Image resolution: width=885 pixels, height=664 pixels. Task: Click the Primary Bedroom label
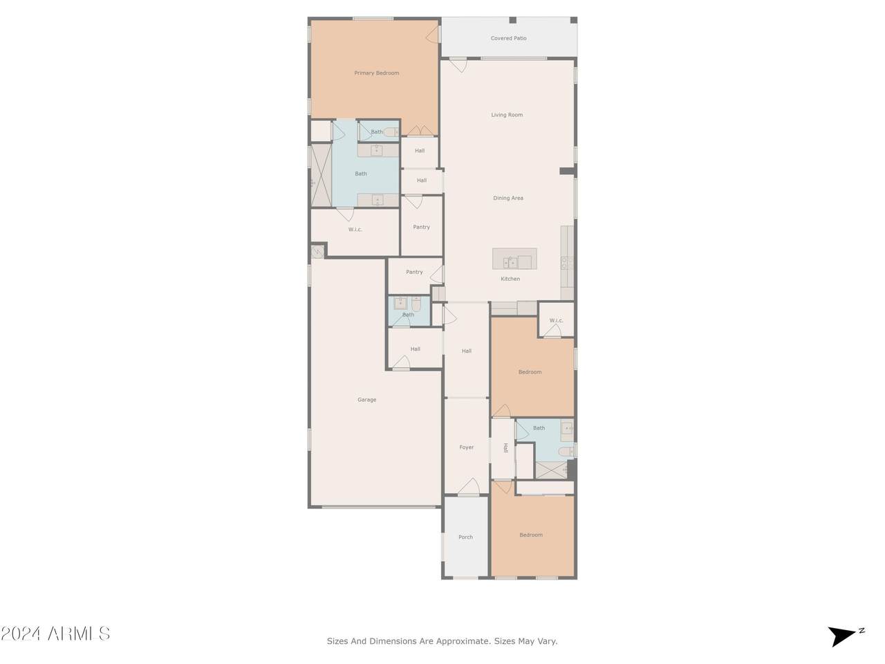(376, 73)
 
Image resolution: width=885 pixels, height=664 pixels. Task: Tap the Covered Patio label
(508, 38)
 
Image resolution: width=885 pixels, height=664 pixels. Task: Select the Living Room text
(507, 115)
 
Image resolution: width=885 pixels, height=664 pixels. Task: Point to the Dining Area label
(508, 198)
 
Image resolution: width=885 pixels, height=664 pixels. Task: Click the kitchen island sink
(510, 263)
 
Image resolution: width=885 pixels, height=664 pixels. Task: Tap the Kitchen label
(510, 279)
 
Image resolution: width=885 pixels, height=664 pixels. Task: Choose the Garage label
(366, 400)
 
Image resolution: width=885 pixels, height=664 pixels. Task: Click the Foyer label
(466, 447)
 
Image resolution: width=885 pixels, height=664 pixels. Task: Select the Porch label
(465, 537)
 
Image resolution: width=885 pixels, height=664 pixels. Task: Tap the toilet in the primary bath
(390, 132)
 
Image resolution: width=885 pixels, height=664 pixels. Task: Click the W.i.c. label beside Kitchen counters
(556, 320)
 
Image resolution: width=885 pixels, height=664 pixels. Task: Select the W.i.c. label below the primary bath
(355, 230)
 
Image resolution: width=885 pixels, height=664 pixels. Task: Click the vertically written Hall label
(505, 448)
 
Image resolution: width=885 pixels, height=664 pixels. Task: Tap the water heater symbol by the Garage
(317, 252)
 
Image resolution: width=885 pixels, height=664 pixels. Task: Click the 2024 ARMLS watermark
(55, 634)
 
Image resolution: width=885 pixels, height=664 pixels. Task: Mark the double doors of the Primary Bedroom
(420, 131)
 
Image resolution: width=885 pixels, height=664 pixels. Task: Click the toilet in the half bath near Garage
(416, 304)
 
